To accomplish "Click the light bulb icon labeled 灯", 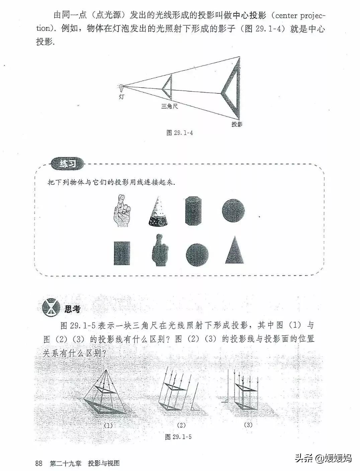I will pyautogui.click(x=121, y=88).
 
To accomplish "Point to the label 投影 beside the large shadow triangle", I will pyautogui.click(x=237, y=124).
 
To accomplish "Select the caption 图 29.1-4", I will pyautogui.click(x=179, y=133).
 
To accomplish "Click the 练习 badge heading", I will pyautogui.click(x=67, y=164).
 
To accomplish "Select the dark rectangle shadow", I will pyautogui.click(x=122, y=253).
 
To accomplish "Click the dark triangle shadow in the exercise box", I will pyautogui.click(x=235, y=250).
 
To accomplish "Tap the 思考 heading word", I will pyautogui.click(x=72, y=309).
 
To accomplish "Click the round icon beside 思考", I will pyautogui.click(x=51, y=307).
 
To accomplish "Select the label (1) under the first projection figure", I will pyautogui.click(x=108, y=426).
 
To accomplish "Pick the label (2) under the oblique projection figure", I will pyautogui.click(x=181, y=425).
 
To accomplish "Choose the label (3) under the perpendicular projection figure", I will pyautogui.click(x=248, y=425).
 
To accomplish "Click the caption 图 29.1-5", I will pyautogui.click(x=178, y=437).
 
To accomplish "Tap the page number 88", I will pyautogui.click(x=39, y=463).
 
